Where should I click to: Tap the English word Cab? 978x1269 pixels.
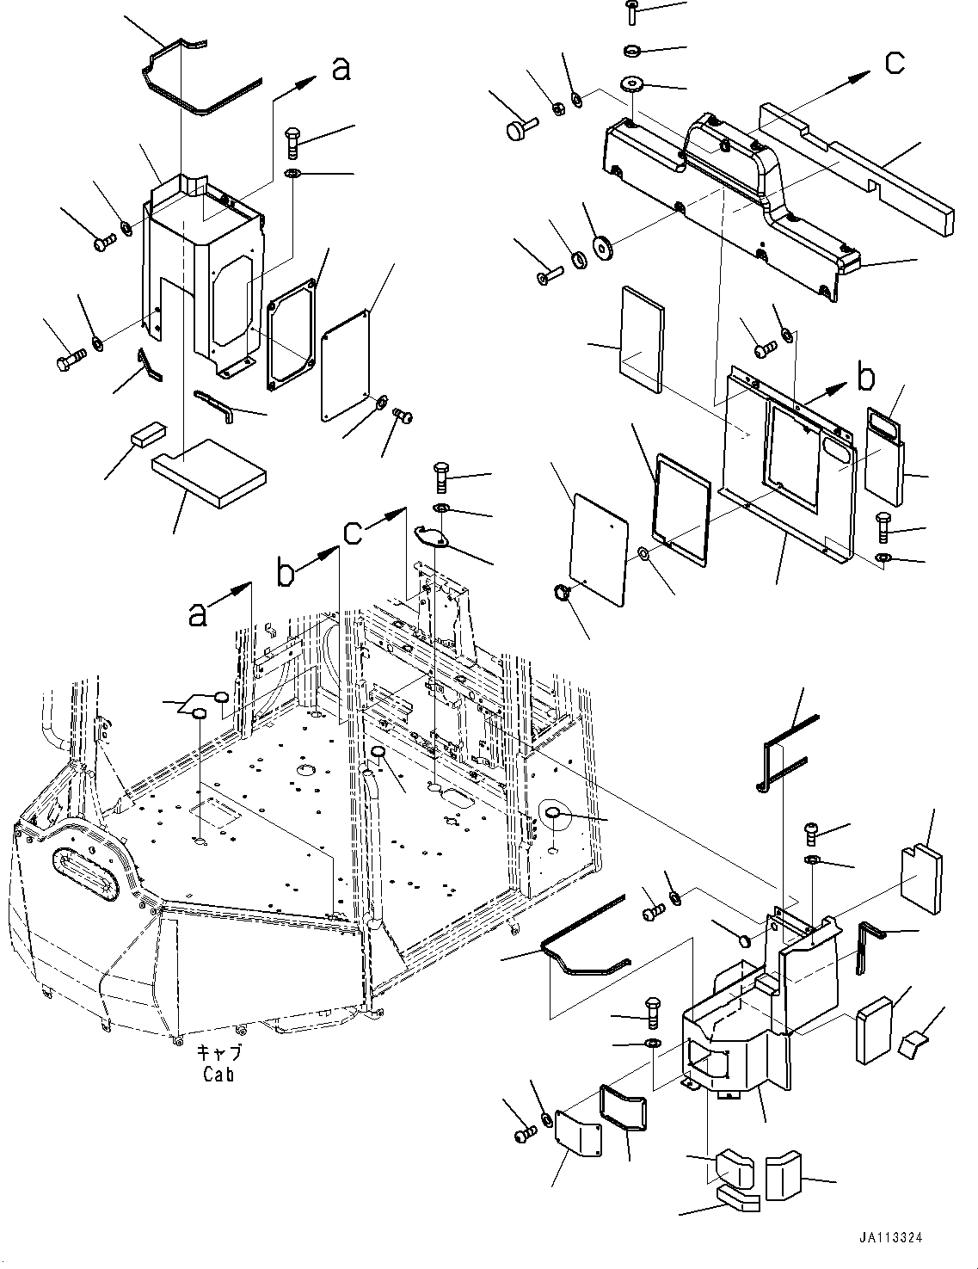click(218, 1074)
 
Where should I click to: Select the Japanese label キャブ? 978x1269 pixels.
click(218, 1053)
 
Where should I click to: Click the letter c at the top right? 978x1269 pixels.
click(895, 62)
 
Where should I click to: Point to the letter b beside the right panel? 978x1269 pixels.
click(866, 377)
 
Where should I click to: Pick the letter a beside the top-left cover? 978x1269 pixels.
click(341, 69)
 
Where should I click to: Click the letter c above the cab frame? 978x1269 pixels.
click(353, 533)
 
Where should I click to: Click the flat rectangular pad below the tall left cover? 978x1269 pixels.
click(208, 473)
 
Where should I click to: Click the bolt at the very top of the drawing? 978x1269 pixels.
click(632, 10)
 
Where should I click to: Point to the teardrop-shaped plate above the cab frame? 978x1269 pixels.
click(432, 536)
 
